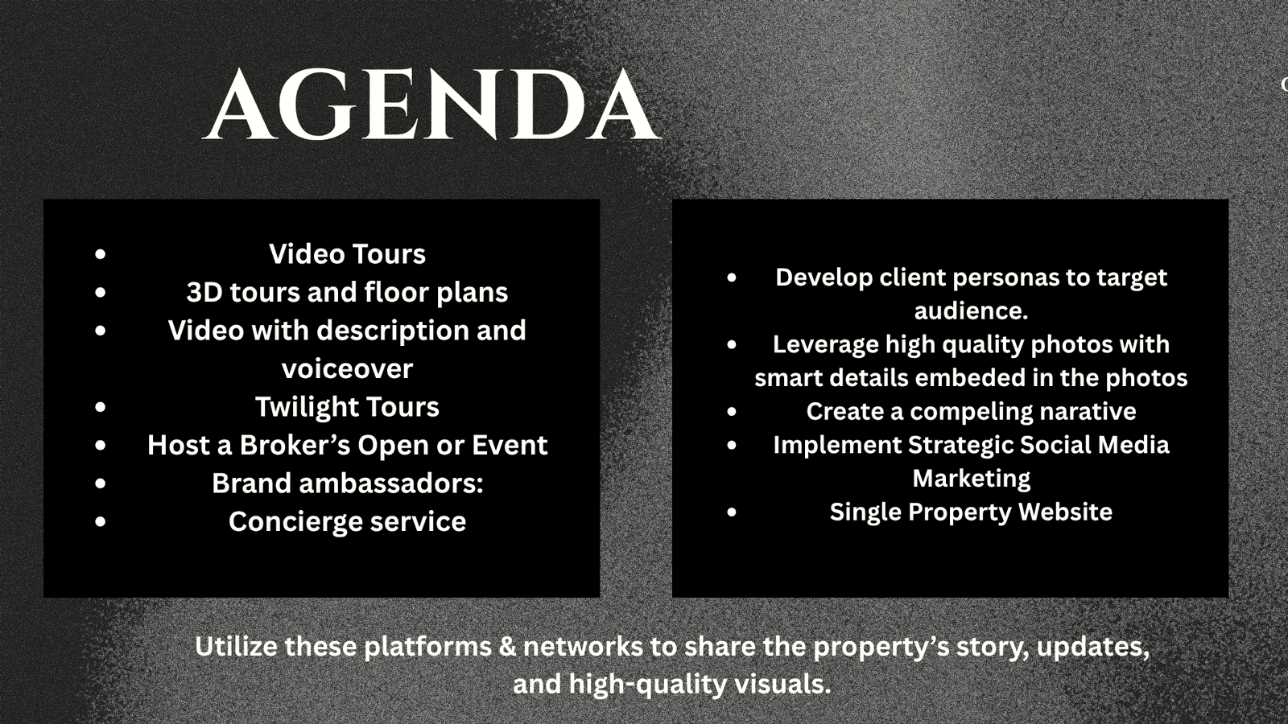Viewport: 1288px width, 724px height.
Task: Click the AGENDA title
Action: pyautogui.click(x=432, y=104)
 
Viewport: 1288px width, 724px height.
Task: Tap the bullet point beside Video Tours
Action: pyautogui.click(x=101, y=254)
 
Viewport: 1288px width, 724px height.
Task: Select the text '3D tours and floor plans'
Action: pyautogui.click(x=347, y=293)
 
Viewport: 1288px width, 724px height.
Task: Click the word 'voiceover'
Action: pyautogui.click(x=347, y=369)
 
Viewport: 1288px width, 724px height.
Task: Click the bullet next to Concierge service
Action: pyautogui.click(x=101, y=522)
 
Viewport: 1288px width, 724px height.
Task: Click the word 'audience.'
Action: pyautogui.click(x=971, y=311)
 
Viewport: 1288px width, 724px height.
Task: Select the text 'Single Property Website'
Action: pyautogui.click(x=971, y=512)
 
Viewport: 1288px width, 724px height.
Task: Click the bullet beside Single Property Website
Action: pyautogui.click(x=732, y=512)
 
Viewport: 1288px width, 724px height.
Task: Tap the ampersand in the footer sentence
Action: pyautogui.click(x=508, y=647)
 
